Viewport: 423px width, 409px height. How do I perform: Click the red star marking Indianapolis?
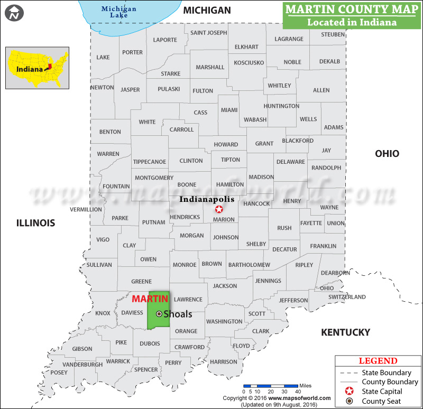tap(219, 210)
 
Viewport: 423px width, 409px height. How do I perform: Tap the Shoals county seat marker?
tap(159, 314)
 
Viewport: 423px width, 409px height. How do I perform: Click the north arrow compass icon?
tap(14, 13)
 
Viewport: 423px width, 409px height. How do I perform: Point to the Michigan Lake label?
tap(119, 12)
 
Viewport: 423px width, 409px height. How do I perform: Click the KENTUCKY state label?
tap(345, 332)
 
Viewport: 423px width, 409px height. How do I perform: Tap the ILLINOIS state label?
tap(35, 223)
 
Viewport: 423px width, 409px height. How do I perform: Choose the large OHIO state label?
tap(387, 154)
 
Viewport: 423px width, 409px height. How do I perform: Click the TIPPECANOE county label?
tap(150, 162)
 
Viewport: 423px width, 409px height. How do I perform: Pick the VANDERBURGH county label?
tap(82, 365)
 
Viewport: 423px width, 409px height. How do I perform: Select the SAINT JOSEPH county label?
tap(209, 33)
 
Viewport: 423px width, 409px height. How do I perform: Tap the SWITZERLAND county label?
tap(347, 297)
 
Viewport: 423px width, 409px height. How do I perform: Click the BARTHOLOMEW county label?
tap(249, 265)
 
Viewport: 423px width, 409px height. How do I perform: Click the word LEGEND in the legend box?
tap(378, 361)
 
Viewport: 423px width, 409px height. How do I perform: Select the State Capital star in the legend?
tap(349, 392)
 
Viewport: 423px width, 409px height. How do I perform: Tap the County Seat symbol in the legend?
tap(349, 401)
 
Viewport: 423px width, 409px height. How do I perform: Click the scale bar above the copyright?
tap(271, 387)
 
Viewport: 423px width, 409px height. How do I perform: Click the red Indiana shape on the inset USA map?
tap(50, 67)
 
